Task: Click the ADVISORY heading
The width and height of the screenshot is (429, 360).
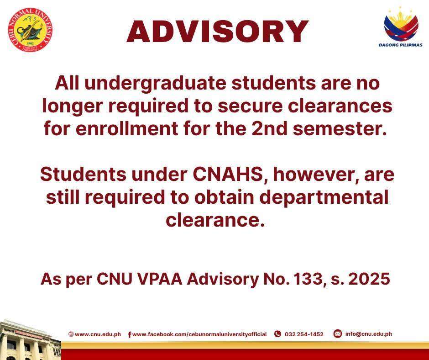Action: coord(218,32)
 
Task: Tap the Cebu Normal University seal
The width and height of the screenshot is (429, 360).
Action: coord(30,30)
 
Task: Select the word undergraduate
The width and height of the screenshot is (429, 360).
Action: coord(156,83)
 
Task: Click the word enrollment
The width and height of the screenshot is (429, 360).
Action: coord(127,128)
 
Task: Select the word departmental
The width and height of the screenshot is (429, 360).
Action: coord(324,198)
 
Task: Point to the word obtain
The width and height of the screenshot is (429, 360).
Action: coord(224,197)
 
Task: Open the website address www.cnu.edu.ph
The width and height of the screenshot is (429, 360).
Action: coord(98,334)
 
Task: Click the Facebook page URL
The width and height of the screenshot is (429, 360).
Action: coord(199,334)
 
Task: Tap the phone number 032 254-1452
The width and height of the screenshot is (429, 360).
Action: coord(304,334)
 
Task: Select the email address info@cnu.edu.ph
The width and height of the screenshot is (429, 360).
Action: coord(368,334)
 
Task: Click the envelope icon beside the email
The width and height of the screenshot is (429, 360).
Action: coord(338,334)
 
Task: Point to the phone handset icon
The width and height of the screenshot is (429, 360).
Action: coord(277,334)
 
